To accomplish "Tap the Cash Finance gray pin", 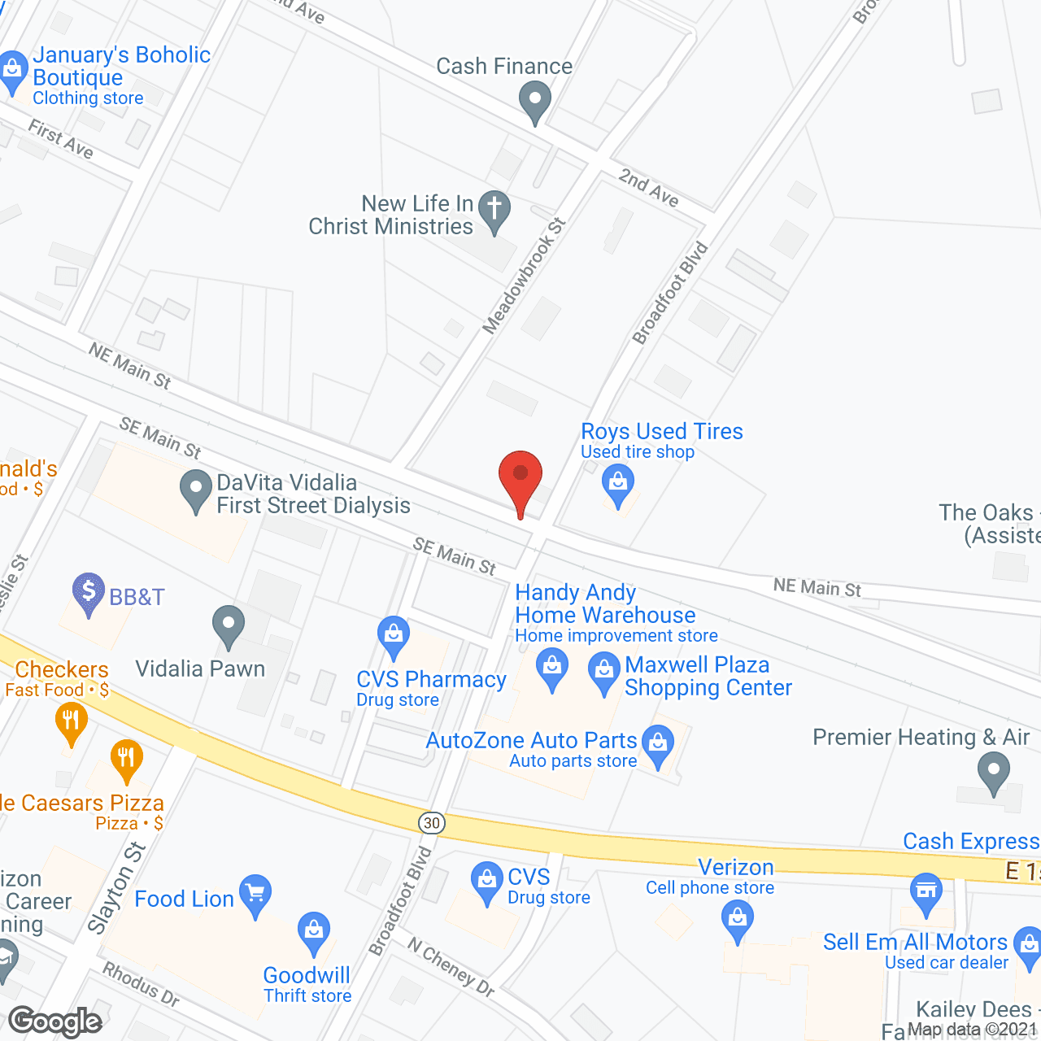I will [535, 102].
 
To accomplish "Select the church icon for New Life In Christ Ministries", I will [494, 209].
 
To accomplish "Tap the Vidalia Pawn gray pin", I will [229, 625].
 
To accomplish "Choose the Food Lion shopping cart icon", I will [255, 895].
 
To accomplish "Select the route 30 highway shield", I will [432, 822].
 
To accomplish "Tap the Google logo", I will [55, 1021].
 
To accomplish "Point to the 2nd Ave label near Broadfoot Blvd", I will [648, 187].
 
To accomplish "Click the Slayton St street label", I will [116, 888].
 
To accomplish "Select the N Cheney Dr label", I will [451, 967].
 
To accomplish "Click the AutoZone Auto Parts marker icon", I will [658, 744].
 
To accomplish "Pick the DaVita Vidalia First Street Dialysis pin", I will [195, 490].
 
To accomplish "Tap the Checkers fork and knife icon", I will [72, 721].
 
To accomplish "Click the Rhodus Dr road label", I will [141, 984].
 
